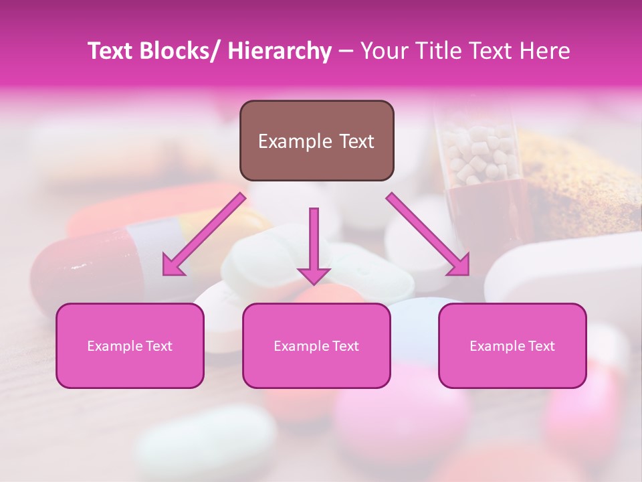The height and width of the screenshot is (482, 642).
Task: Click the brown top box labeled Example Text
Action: point(316,141)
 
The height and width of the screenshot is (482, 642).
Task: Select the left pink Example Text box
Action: point(130,345)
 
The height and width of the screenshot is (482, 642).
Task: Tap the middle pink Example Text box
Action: point(316,345)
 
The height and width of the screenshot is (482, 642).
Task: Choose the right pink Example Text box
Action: point(512,345)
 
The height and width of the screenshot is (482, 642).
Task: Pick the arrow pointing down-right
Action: point(428,234)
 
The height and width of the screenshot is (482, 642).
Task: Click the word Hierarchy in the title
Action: point(280,51)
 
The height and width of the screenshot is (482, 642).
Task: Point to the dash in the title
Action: point(346,51)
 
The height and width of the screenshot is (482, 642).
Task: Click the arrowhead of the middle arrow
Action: point(314,274)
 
